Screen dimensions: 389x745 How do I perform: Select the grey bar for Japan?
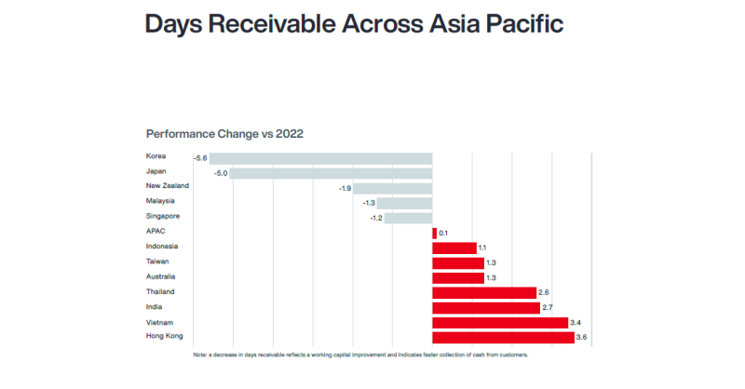tap(332, 173)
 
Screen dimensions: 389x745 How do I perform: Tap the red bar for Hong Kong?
tap(503, 337)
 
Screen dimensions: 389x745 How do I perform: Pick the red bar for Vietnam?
tap(500, 322)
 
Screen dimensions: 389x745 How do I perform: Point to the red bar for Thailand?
tap(484, 292)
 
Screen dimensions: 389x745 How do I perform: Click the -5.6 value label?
tap(200, 158)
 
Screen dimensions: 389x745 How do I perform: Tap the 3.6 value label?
tap(582, 337)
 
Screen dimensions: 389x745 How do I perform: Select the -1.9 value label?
tap(345, 188)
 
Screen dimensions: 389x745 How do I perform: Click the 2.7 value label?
tap(548, 307)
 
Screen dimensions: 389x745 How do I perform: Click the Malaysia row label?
tap(161, 201)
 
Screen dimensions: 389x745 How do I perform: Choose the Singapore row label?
tap(163, 216)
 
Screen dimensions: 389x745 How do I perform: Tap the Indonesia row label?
tap(162, 247)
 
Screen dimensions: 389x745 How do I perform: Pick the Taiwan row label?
tap(157, 262)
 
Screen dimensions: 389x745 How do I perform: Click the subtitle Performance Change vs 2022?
tap(224, 134)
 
